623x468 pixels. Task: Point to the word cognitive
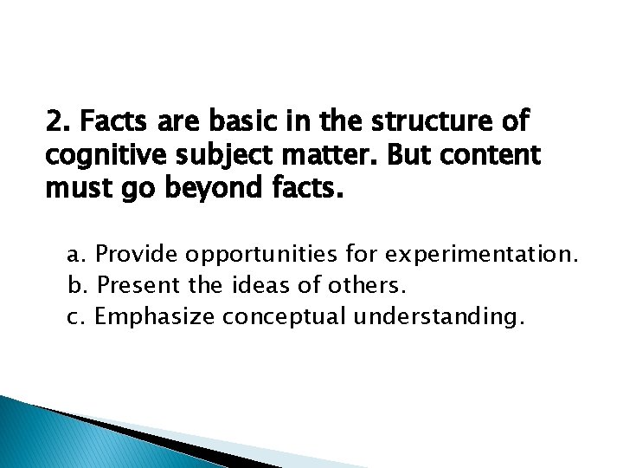click(x=96, y=157)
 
